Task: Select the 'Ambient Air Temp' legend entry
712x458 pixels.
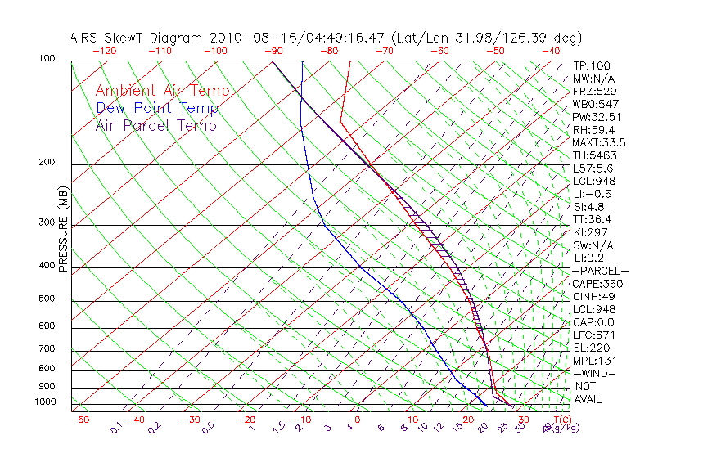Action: coord(162,91)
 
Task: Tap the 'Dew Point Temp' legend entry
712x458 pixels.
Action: coord(157,108)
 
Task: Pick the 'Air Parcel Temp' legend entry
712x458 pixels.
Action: coord(155,125)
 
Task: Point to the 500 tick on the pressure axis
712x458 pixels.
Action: coord(47,299)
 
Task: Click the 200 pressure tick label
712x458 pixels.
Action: coord(47,163)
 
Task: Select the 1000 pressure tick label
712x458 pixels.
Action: coord(46,402)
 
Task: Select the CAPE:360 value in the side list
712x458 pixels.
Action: coord(597,284)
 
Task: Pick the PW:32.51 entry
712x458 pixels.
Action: coord(597,117)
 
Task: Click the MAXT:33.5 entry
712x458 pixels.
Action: coord(599,142)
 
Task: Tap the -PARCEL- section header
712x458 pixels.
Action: coord(600,271)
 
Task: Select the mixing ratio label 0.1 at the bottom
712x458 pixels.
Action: coord(117,429)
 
